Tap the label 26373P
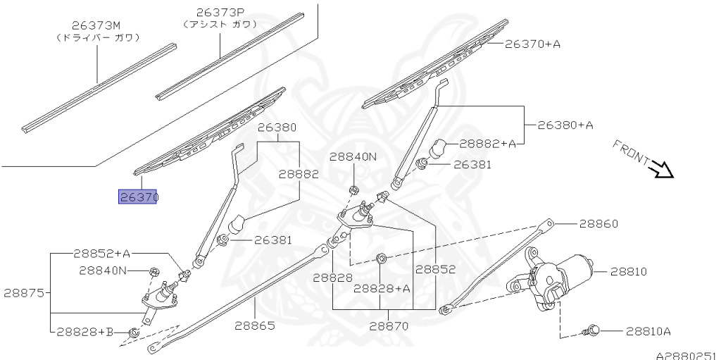click(x=219, y=12)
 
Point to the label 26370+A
click(x=532, y=44)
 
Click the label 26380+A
click(x=565, y=125)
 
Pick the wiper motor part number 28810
click(x=628, y=271)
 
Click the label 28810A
click(x=648, y=330)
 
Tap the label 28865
click(x=254, y=326)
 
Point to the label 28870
click(x=382, y=327)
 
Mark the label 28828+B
click(x=85, y=331)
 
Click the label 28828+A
click(x=382, y=288)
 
